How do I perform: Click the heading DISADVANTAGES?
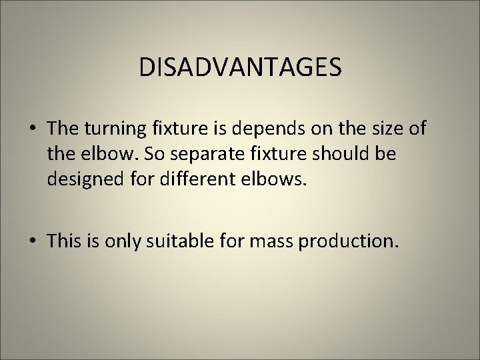click(x=240, y=67)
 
